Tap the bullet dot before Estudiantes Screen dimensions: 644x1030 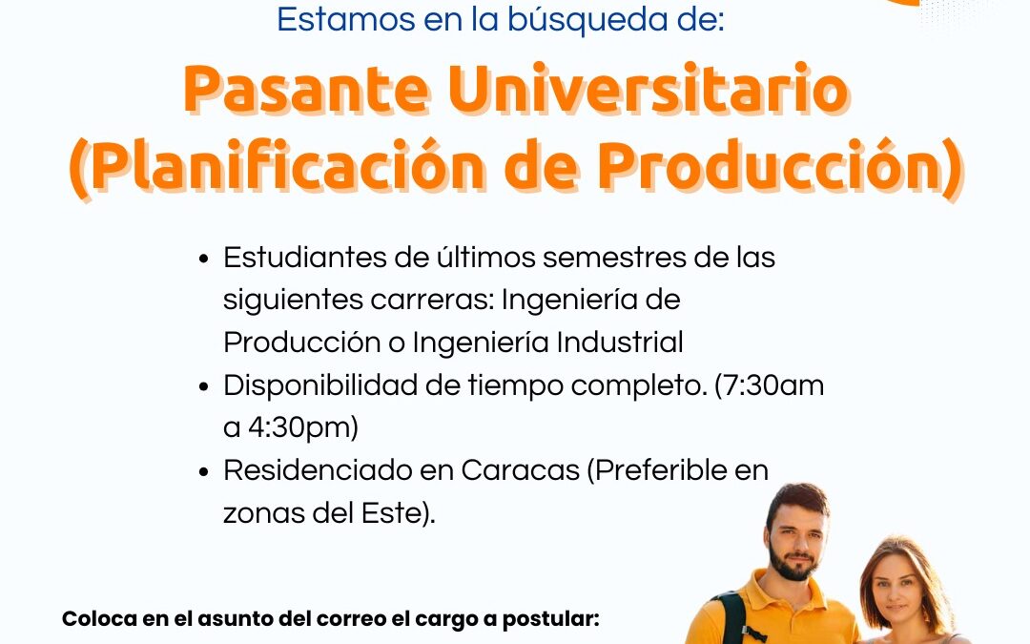pos(204,259)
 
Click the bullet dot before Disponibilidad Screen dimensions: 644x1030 pos(204,386)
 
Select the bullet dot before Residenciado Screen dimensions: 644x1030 pos(204,471)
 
